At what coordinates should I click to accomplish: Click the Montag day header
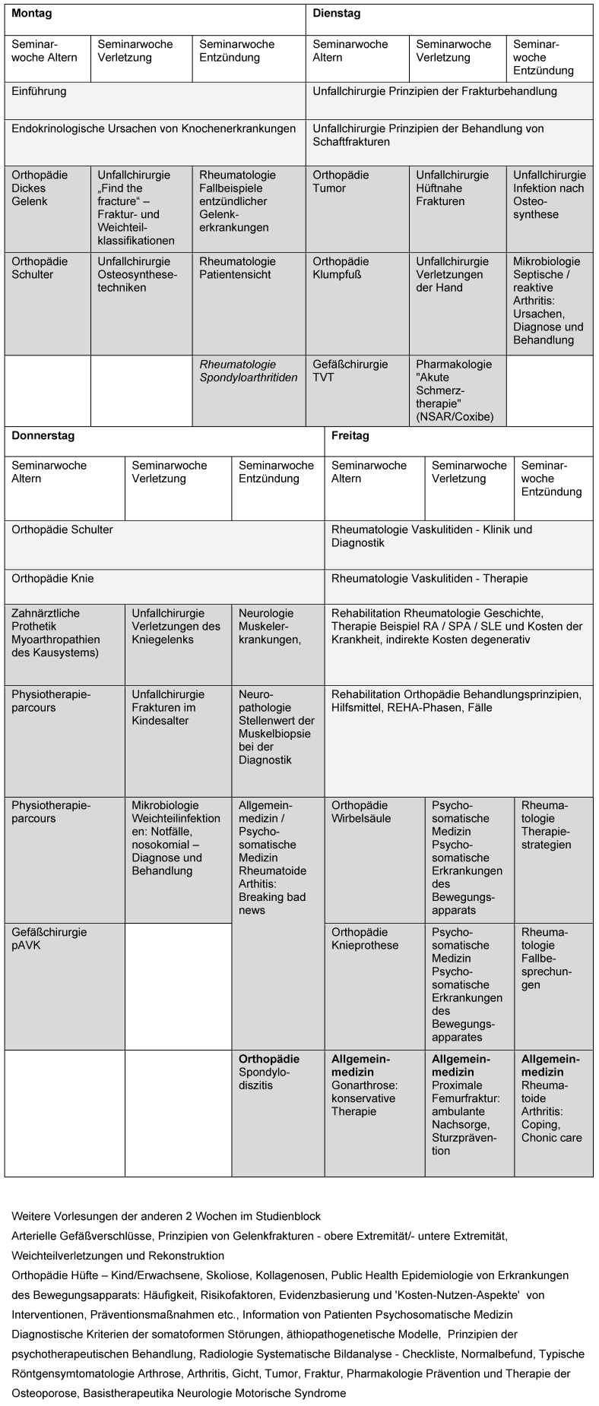(x=31, y=14)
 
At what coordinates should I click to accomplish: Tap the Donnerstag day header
(x=43, y=436)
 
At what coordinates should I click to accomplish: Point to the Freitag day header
(x=350, y=436)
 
